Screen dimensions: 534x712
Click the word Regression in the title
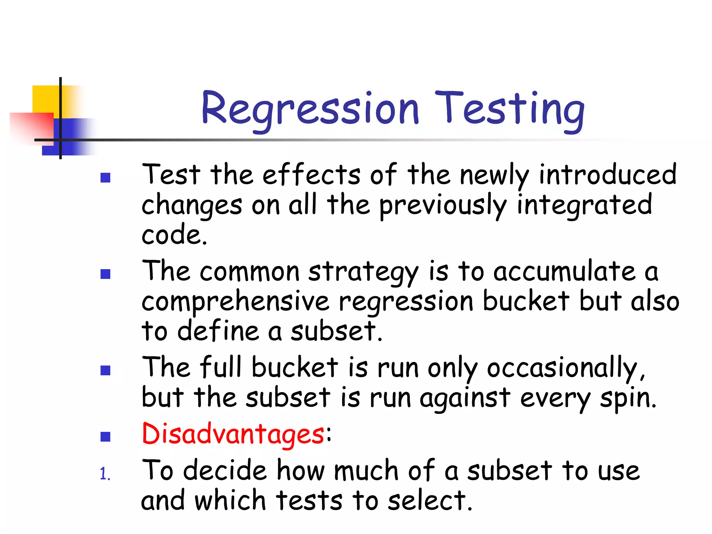310,108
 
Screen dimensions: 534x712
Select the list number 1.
104,474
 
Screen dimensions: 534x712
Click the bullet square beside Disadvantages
105,436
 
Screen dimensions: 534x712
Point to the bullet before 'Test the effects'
105,178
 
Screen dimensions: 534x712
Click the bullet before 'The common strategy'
105,274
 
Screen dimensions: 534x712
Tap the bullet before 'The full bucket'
105,370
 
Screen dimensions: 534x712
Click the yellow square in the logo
45,99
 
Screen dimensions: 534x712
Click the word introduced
608,175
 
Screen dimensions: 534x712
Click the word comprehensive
235,302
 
